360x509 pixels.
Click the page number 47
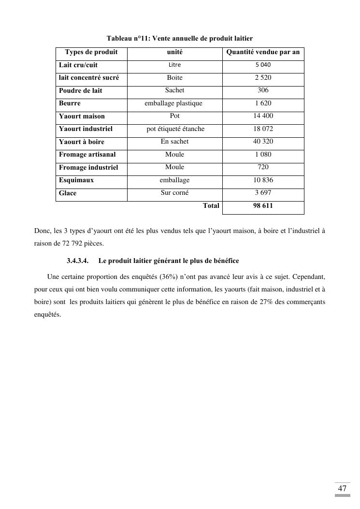coord(342,488)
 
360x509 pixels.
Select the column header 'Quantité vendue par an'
coord(263,52)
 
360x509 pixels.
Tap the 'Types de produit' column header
coord(91,52)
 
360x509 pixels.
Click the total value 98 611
coord(263,205)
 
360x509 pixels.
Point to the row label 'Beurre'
coord(70,103)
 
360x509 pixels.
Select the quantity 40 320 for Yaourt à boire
coord(263,142)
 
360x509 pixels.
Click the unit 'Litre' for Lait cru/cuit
coord(174,65)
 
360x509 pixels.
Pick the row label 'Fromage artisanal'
coord(87,155)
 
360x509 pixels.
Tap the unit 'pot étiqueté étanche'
coord(175,129)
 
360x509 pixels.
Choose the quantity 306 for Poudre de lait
coord(263,90)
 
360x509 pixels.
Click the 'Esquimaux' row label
coord(76,180)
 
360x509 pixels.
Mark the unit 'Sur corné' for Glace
coord(174,193)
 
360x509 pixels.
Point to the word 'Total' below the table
coord(211,205)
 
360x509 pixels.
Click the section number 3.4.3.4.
coord(77,261)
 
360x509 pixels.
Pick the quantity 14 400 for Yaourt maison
coord(263,116)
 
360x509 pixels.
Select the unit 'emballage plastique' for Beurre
coord(173,103)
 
